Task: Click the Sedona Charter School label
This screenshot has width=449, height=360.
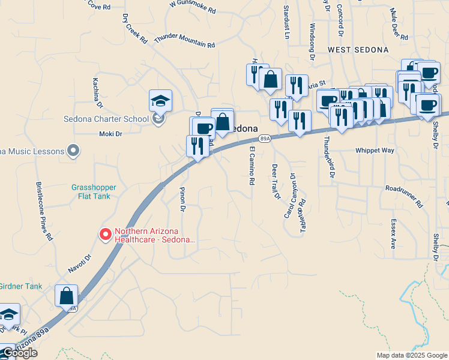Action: coord(106,118)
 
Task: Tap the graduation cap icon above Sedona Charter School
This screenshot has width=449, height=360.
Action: coord(160,100)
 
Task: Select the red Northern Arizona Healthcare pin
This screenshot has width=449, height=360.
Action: coord(106,234)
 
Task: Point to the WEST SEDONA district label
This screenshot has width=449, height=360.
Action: coord(358,49)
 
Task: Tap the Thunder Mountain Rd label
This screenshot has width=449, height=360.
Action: coord(184,41)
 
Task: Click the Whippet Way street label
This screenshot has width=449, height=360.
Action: coord(375,151)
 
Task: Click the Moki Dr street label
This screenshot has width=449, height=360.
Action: coord(110,134)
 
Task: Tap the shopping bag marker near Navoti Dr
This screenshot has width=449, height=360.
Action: coord(66,296)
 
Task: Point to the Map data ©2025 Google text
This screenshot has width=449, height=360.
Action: coord(411,355)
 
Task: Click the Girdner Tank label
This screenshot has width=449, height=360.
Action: coord(20,286)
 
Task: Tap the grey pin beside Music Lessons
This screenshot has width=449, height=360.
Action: coord(74,151)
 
